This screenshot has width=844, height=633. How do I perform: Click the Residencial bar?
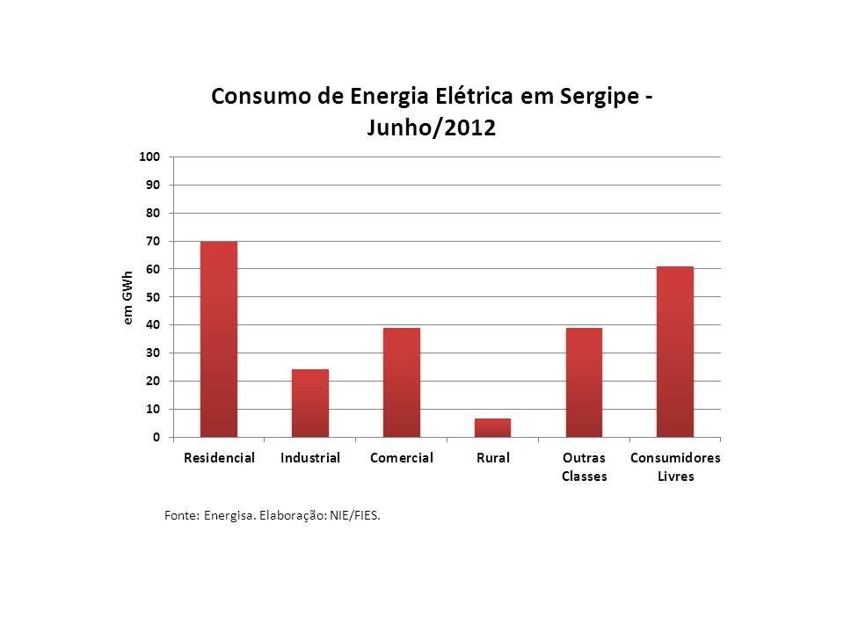(x=218, y=339)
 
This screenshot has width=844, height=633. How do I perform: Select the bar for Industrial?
(x=309, y=404)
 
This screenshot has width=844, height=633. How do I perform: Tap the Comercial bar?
(x=401, y=382)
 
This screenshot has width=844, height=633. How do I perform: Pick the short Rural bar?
(x=492, y=428)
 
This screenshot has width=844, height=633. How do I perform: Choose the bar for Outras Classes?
(x=584, y=382)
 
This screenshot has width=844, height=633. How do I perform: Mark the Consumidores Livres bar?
(x=675, y=352)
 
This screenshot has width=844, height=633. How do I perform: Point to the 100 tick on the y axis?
(x=149, y=156)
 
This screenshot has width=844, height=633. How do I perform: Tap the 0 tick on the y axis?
(x=155, y=437)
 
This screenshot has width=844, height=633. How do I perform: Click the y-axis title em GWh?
(x=127, y=297)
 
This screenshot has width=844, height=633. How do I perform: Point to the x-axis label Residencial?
(x=219, y=458)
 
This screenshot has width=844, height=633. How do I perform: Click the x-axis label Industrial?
(x=309, y=458)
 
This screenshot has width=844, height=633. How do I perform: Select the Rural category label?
(x=492, y=458)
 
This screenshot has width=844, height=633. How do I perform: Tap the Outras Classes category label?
(x=584, y=467)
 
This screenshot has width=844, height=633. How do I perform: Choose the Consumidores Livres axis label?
(x=675, y=467)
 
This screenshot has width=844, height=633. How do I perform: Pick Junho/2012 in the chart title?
(x=431, y=128)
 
